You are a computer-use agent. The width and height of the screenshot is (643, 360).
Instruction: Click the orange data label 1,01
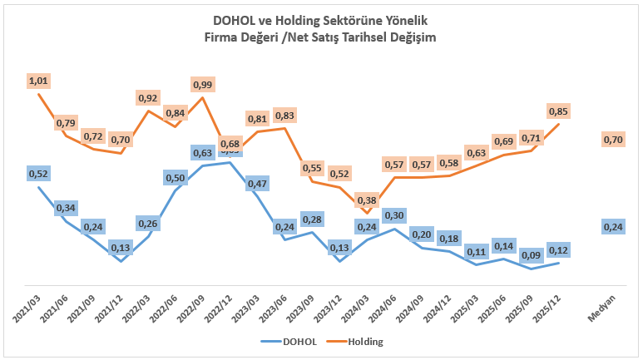38,81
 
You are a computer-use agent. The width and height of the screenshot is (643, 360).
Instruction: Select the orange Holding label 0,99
202,85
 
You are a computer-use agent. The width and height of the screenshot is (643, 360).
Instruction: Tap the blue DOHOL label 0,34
66,208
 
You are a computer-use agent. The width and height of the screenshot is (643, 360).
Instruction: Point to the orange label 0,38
366,200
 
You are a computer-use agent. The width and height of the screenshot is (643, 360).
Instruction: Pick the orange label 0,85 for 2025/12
558,111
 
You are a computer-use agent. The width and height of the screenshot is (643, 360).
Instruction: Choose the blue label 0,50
176,178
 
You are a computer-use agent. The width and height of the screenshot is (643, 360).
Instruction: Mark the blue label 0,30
394,215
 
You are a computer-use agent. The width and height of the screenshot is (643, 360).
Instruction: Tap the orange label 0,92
147,98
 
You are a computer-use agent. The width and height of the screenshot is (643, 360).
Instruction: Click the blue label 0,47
257,184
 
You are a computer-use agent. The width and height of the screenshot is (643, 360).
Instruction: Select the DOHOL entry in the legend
290,341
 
